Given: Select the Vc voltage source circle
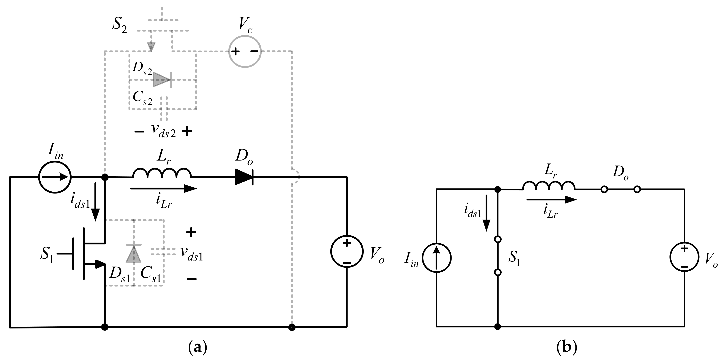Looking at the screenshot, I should click(x=245, y=51).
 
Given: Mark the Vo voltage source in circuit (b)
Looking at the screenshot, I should click(x=684, y=257).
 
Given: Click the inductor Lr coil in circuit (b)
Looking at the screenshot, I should click(x=548, y=186).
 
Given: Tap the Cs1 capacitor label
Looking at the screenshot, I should click(x=151, y=274).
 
